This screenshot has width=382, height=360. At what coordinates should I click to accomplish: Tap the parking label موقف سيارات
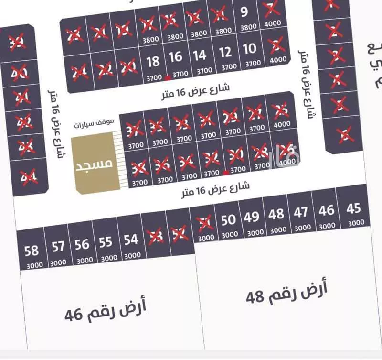click(94, 123)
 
